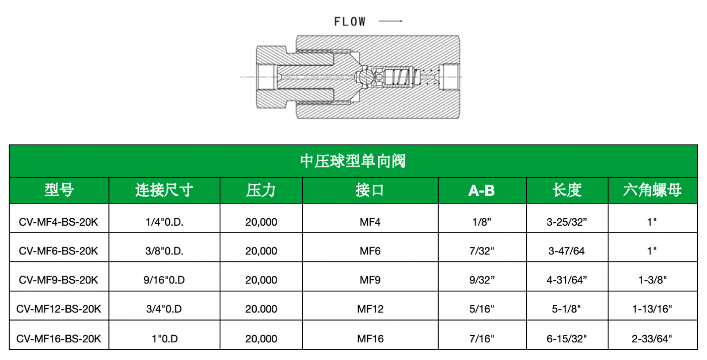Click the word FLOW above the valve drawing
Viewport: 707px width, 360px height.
pyautogui.click(x=350, y=22)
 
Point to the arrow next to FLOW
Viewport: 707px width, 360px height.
pyautogui.click(x=391, y=21)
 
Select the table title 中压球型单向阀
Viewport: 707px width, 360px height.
pyautogui.click(x=353, y=161)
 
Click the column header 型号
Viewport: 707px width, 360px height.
pyautogui.click(x=59, y=190)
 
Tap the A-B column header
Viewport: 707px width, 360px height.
pyautogui.click(x=482, y=190)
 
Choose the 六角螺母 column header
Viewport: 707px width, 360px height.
pyautogui.click(x=652, y=190)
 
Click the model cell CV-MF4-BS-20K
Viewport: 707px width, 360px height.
pyautogui.click(x=59, y=222)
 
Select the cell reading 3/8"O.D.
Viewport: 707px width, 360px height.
pyautogui.click(x=164, y=251)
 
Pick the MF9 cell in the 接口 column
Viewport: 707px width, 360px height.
pyautogui.click(x=370, y=280)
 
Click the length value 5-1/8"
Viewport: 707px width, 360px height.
pyautogui.click(x=566, y=309)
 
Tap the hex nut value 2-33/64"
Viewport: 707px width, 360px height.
pyautogui.click(x=652, y=339)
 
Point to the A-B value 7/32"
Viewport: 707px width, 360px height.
pyautogui.click(x=482, y=251)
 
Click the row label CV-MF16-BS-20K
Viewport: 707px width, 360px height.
pyautogui.click(x=59, y=339)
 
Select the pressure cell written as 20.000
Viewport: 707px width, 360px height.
pyautogui.click(x=261, y=309)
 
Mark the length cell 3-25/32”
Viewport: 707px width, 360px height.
pyautogui.click(x=567, y=222)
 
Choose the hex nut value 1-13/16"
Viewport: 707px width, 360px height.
pyautogui.click(x=652, y=309)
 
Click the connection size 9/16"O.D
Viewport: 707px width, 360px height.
pyautogui.click(x=164, y=280)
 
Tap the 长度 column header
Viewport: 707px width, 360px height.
pyautogui.click(x=567, y=190)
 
